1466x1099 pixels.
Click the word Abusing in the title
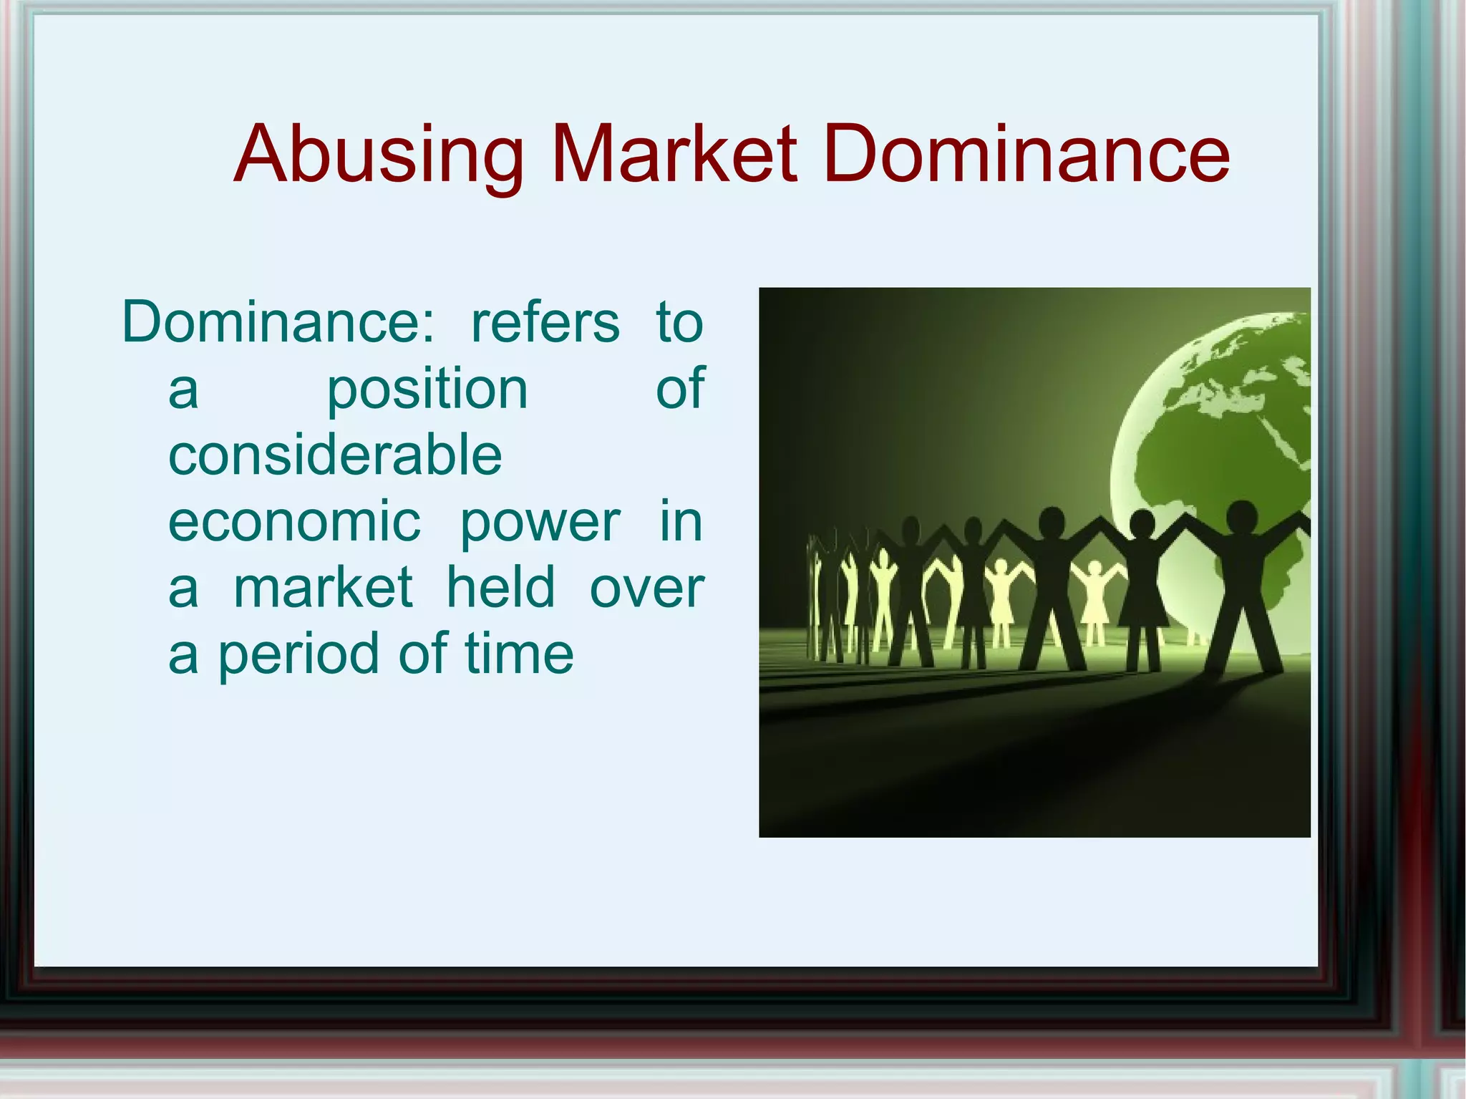(x=379, y=155)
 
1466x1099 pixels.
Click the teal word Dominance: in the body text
(x=278, y=323)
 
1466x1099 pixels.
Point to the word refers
(x=545, y=323)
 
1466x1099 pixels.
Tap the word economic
(x=294, y=522)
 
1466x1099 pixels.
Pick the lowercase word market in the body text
(x=324, y=588)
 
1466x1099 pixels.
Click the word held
(x=500, y=587)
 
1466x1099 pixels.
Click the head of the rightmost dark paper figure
(x=1241, y=515)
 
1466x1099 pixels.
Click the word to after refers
(x=679, y=323)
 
